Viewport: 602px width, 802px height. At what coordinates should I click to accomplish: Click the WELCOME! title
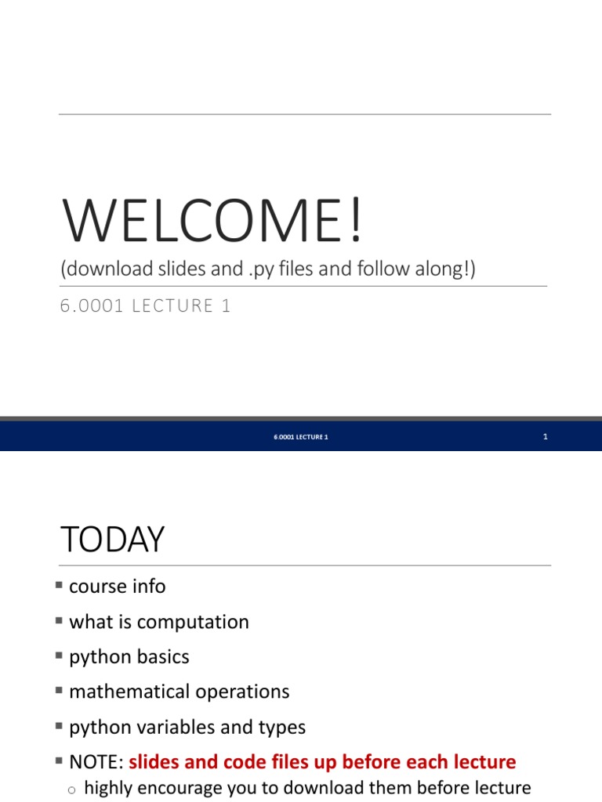[212, 221]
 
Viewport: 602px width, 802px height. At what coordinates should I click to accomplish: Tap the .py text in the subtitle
[271, 269]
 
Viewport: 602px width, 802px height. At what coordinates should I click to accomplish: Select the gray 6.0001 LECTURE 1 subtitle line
[145, 305]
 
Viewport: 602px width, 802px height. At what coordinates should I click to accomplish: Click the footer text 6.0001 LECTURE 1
[301, 436]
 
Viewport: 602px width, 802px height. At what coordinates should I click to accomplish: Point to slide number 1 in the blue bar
[545, 436]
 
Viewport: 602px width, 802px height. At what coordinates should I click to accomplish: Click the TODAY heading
[112, 540]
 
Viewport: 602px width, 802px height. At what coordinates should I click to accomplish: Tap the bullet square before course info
[60, 585]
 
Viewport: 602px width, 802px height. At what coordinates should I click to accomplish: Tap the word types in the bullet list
[281, 727]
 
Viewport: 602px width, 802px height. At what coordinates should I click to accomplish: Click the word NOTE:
[96, 761]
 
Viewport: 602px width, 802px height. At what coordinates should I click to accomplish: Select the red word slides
[154, 761]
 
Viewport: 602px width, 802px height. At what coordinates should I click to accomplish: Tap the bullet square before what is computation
[60, 620]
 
